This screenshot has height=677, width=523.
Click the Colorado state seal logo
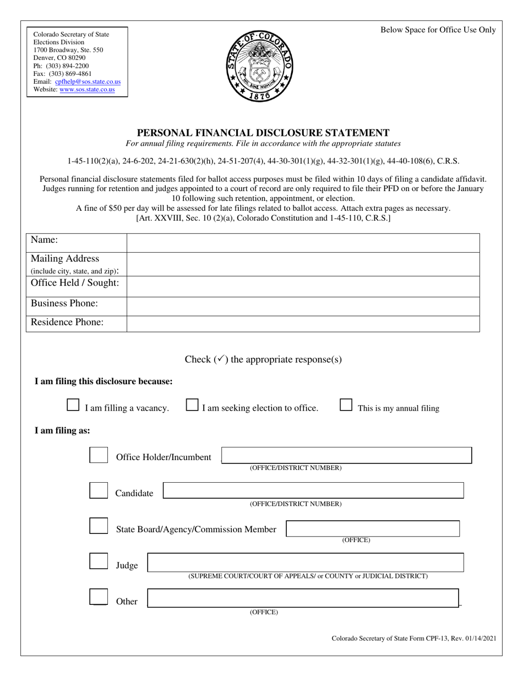click(x=260, y=65)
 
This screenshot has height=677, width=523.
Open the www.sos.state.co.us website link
click(x=87, y=89)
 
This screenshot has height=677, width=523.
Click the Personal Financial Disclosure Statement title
click(x=263, y=133)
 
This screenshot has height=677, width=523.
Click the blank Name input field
click(x=303, y=243)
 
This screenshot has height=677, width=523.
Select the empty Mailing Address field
click(x=303, y=264)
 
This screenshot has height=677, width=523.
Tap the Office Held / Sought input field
click(x=303, y=286)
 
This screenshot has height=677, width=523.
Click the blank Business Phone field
click(x=303, y=306)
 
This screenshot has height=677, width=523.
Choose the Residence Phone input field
click(x=303, y=324)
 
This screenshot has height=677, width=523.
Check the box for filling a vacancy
click(x=73, y=406)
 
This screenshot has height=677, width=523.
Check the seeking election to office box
click(x=192, y=406)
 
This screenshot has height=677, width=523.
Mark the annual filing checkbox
click(x=346, y=406)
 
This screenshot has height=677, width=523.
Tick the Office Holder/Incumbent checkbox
click(x=99, y=456)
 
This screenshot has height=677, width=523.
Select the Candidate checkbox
click(x=99, y=491)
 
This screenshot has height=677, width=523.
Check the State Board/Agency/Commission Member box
click(x=99, y=526)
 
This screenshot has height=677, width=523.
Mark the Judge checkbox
click(x=99, y=562)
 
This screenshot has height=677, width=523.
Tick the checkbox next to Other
click(x=99, y=598)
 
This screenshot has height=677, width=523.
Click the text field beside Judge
click(x=306, y=563)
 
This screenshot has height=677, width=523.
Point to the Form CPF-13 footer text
click(x=414, y=638)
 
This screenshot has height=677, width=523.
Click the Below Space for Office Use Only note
click(x=438, y=30)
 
